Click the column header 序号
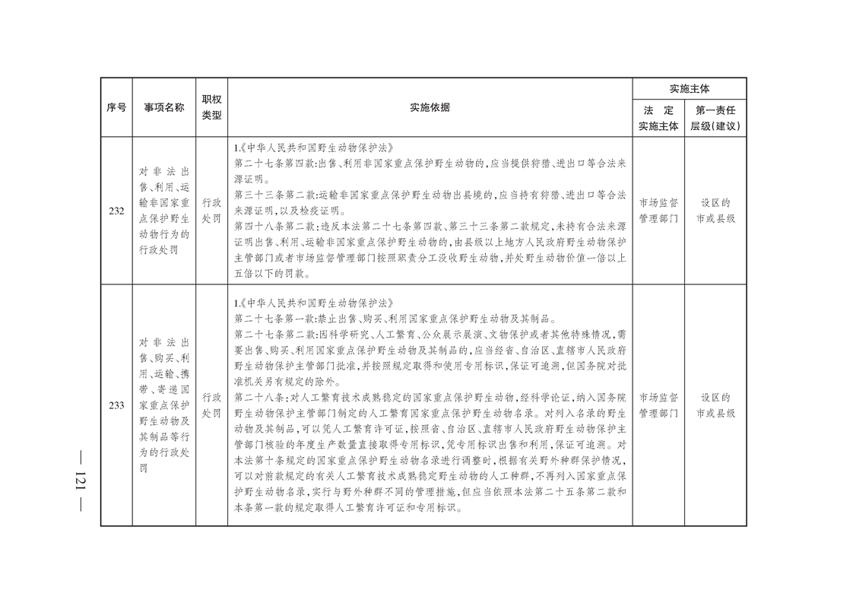[116, 107]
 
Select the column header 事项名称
[163, 107]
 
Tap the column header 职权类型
[211, 107]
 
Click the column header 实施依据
[430, 107]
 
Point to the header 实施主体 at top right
[689, 89]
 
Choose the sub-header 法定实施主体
[658, 119]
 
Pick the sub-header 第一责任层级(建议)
[715, 119]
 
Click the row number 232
[116, 211]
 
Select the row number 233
[116, 405]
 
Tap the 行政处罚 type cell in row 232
[211, 211]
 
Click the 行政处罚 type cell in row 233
[211, 405]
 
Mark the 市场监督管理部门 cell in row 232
[658, 211]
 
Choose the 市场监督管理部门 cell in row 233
[658, 405]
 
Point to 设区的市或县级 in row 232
[715, 211]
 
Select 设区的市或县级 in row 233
[715, 405]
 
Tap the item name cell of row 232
[163, 211]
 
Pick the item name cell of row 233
[163, 405]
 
